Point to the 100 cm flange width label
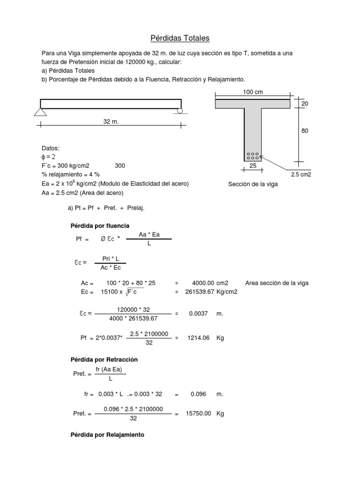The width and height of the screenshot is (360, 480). click(x=253, y=92)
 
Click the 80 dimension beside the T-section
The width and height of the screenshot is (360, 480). click(x=305, y=131)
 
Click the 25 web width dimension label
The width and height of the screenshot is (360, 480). click(x=253, y=166)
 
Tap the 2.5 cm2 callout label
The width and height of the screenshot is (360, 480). click(x=301, y=174)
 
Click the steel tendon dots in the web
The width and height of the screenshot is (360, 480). click(x=253, y=156)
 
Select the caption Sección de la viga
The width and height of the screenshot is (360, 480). click(x=253, y=184)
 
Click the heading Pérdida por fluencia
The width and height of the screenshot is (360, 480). click(x=99, y=226)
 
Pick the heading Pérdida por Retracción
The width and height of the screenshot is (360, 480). click(x=104, y=360)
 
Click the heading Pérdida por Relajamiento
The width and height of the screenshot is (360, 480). click(x=107, y=435)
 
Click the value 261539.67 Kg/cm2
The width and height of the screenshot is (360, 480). click(x=215, y=292)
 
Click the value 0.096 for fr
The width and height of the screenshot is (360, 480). click(x=198, y=395)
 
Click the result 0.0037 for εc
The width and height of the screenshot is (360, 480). click(x=198, y=314)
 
